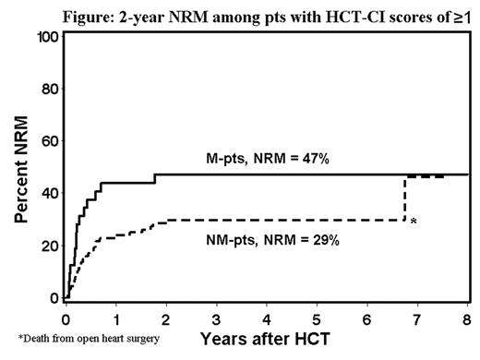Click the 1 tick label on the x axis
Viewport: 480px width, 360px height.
coord(115,316)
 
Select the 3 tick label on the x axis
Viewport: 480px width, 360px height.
coord(216,316)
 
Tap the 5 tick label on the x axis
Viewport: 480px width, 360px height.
coord(317,316)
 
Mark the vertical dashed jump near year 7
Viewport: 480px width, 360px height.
coord(404,198)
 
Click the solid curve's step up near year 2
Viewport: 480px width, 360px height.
coord(155,178)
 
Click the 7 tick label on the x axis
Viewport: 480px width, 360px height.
coord(417,316)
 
